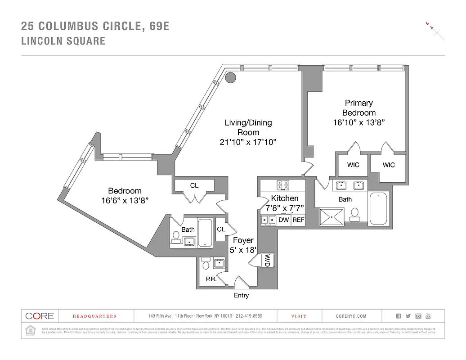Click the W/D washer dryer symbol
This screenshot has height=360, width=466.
(267, 260)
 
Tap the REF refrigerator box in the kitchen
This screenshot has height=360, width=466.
(298, 220)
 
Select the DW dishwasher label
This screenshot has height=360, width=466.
(283, 220)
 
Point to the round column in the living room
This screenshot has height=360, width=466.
(230, 78)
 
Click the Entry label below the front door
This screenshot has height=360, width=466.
(241, 296)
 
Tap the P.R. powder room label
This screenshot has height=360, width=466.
(211, 279)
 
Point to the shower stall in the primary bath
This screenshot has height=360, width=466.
(332, 216)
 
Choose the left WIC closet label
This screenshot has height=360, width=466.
(353, 165)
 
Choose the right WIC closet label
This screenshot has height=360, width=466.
(389, 165)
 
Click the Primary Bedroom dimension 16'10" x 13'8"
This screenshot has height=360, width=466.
(358, 122)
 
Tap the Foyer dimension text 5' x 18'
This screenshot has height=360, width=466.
(243, 250)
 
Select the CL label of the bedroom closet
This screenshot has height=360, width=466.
(194, 185)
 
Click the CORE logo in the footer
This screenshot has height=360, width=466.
(40, 316)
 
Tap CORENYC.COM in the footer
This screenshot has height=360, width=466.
(351, 316)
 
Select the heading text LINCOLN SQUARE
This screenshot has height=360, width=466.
(63, 41)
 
